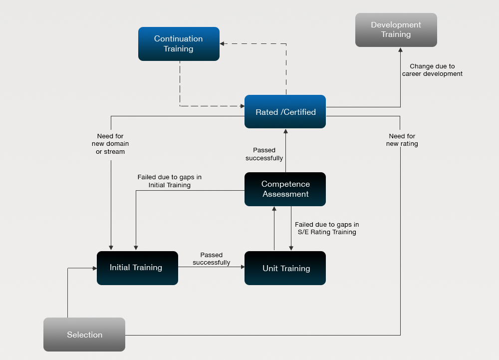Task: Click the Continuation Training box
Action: click(x=179, y=44)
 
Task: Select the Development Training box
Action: click(x=396, y=30)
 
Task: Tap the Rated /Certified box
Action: click(x=285, y=112)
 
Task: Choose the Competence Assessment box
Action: click(x=285, y=189)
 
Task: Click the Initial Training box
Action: click(x=138, y=268)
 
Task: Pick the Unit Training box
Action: click(x=285, y=268)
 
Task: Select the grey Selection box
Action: click(x=84, y=335)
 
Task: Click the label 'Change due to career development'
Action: click(x=432, y=70)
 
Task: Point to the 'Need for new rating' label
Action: click(x=402, y=140)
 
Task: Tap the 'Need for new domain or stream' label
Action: click(x=110, y=144)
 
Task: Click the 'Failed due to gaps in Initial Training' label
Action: click(x=169, y=181)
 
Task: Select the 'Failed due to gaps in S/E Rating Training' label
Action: click(x=327, y=228)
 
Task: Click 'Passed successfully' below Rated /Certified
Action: click(x=264, y=154)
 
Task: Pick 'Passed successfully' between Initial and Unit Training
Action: click(x=211, y=259)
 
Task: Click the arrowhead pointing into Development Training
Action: click(x=400, y=49)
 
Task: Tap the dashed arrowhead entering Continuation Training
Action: click(x=222, y=43)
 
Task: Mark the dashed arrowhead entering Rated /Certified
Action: click(x=242, y=106)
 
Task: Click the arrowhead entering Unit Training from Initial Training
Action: click(x=243, y=267)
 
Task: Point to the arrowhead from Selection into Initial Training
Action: click(x=94, y=268)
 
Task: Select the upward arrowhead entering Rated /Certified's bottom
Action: click(x=285, y=131)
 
